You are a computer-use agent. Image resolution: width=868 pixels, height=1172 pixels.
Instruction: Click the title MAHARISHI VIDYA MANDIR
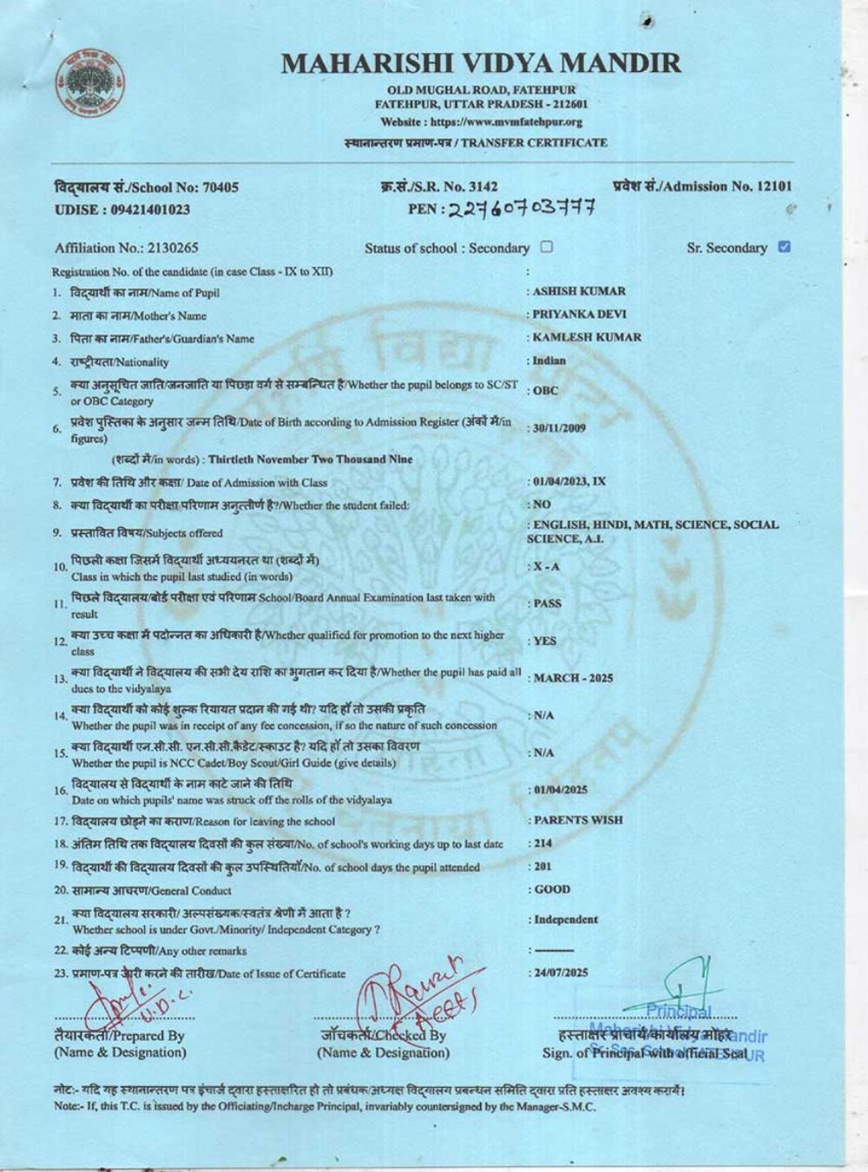[x=482, y=63]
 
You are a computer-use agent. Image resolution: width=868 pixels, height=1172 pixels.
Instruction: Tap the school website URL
[x=482, y=122]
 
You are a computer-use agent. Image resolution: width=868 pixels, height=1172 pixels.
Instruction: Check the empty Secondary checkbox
[x=547, y=247]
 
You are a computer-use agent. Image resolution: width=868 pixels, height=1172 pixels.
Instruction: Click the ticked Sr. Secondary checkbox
[x=785, y=247]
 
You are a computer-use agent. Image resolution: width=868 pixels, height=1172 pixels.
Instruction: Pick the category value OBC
[x=546, y=391]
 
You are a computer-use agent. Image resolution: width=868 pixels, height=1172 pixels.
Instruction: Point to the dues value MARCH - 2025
[x=573, y=678]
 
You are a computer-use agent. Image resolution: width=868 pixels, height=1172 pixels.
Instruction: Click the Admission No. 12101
[x=702, y=186]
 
